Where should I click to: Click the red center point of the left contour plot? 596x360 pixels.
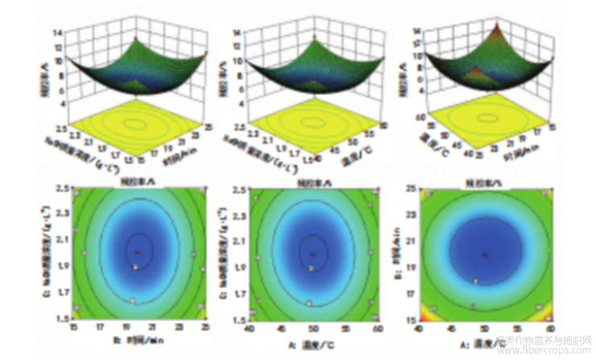138,252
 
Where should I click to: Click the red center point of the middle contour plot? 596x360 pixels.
312,255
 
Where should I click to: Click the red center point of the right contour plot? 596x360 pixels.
485,255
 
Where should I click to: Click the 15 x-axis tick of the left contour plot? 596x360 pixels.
74,327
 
